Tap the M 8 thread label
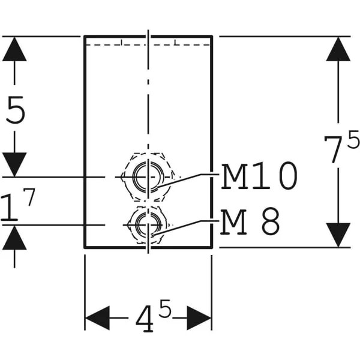[x=250, y=221]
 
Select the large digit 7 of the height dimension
[x=332, y=149]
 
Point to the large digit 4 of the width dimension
[x=145, y=319]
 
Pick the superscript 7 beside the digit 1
[x=29, y=197]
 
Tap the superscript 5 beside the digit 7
[x=353, y=139]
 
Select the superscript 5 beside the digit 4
[x=165, y=308]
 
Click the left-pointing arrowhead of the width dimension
[x=97, y=318]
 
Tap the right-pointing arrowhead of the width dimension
[x=199, y=318]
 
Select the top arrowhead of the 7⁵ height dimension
[x=338, y=49]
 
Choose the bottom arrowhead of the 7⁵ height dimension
[x=338, y=235]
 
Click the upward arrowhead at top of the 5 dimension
[x=14, y=49]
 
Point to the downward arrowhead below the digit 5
[x=14, y=164]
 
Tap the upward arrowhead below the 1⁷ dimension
[x=14, y=238]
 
